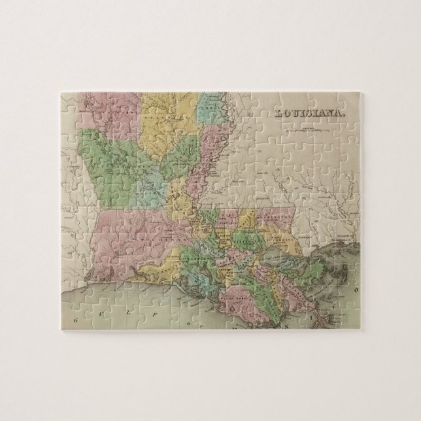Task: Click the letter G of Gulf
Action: (x=78, y=320)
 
